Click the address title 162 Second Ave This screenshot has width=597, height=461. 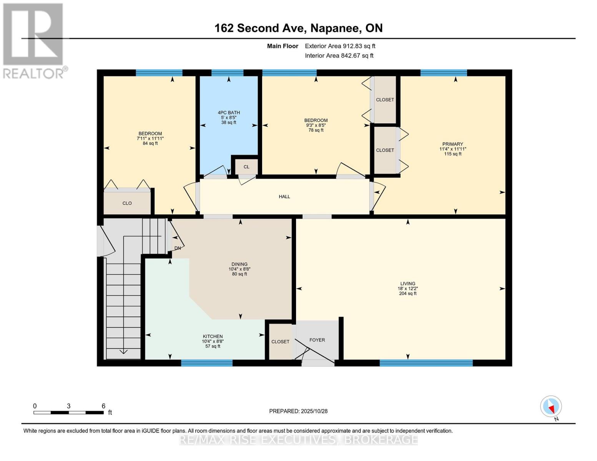(298, 28)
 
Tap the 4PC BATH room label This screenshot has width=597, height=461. (229, 113)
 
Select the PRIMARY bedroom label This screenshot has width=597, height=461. (452, 144)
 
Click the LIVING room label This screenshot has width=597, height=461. (407, 284)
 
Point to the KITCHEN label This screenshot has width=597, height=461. (213, 336)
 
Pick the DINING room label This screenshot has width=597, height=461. (239, 264)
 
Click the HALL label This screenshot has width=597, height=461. (284, 197)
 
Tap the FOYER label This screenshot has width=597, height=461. (317, 340)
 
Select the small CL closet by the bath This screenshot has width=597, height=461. (246, 167)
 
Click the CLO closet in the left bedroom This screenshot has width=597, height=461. (127, 203)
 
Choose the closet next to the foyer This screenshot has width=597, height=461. (280, 342)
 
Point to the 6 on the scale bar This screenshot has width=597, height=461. (103, 406)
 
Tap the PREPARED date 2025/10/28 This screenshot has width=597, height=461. (298, 411)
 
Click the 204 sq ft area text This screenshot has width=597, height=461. (407, 294)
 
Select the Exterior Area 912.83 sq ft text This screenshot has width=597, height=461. (340, 46)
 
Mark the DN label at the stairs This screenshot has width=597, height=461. (178, 248)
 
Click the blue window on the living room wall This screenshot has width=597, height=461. (426, 363)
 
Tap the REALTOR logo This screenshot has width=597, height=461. (34, 40)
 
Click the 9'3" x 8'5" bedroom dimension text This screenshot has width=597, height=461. (316, 125)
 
